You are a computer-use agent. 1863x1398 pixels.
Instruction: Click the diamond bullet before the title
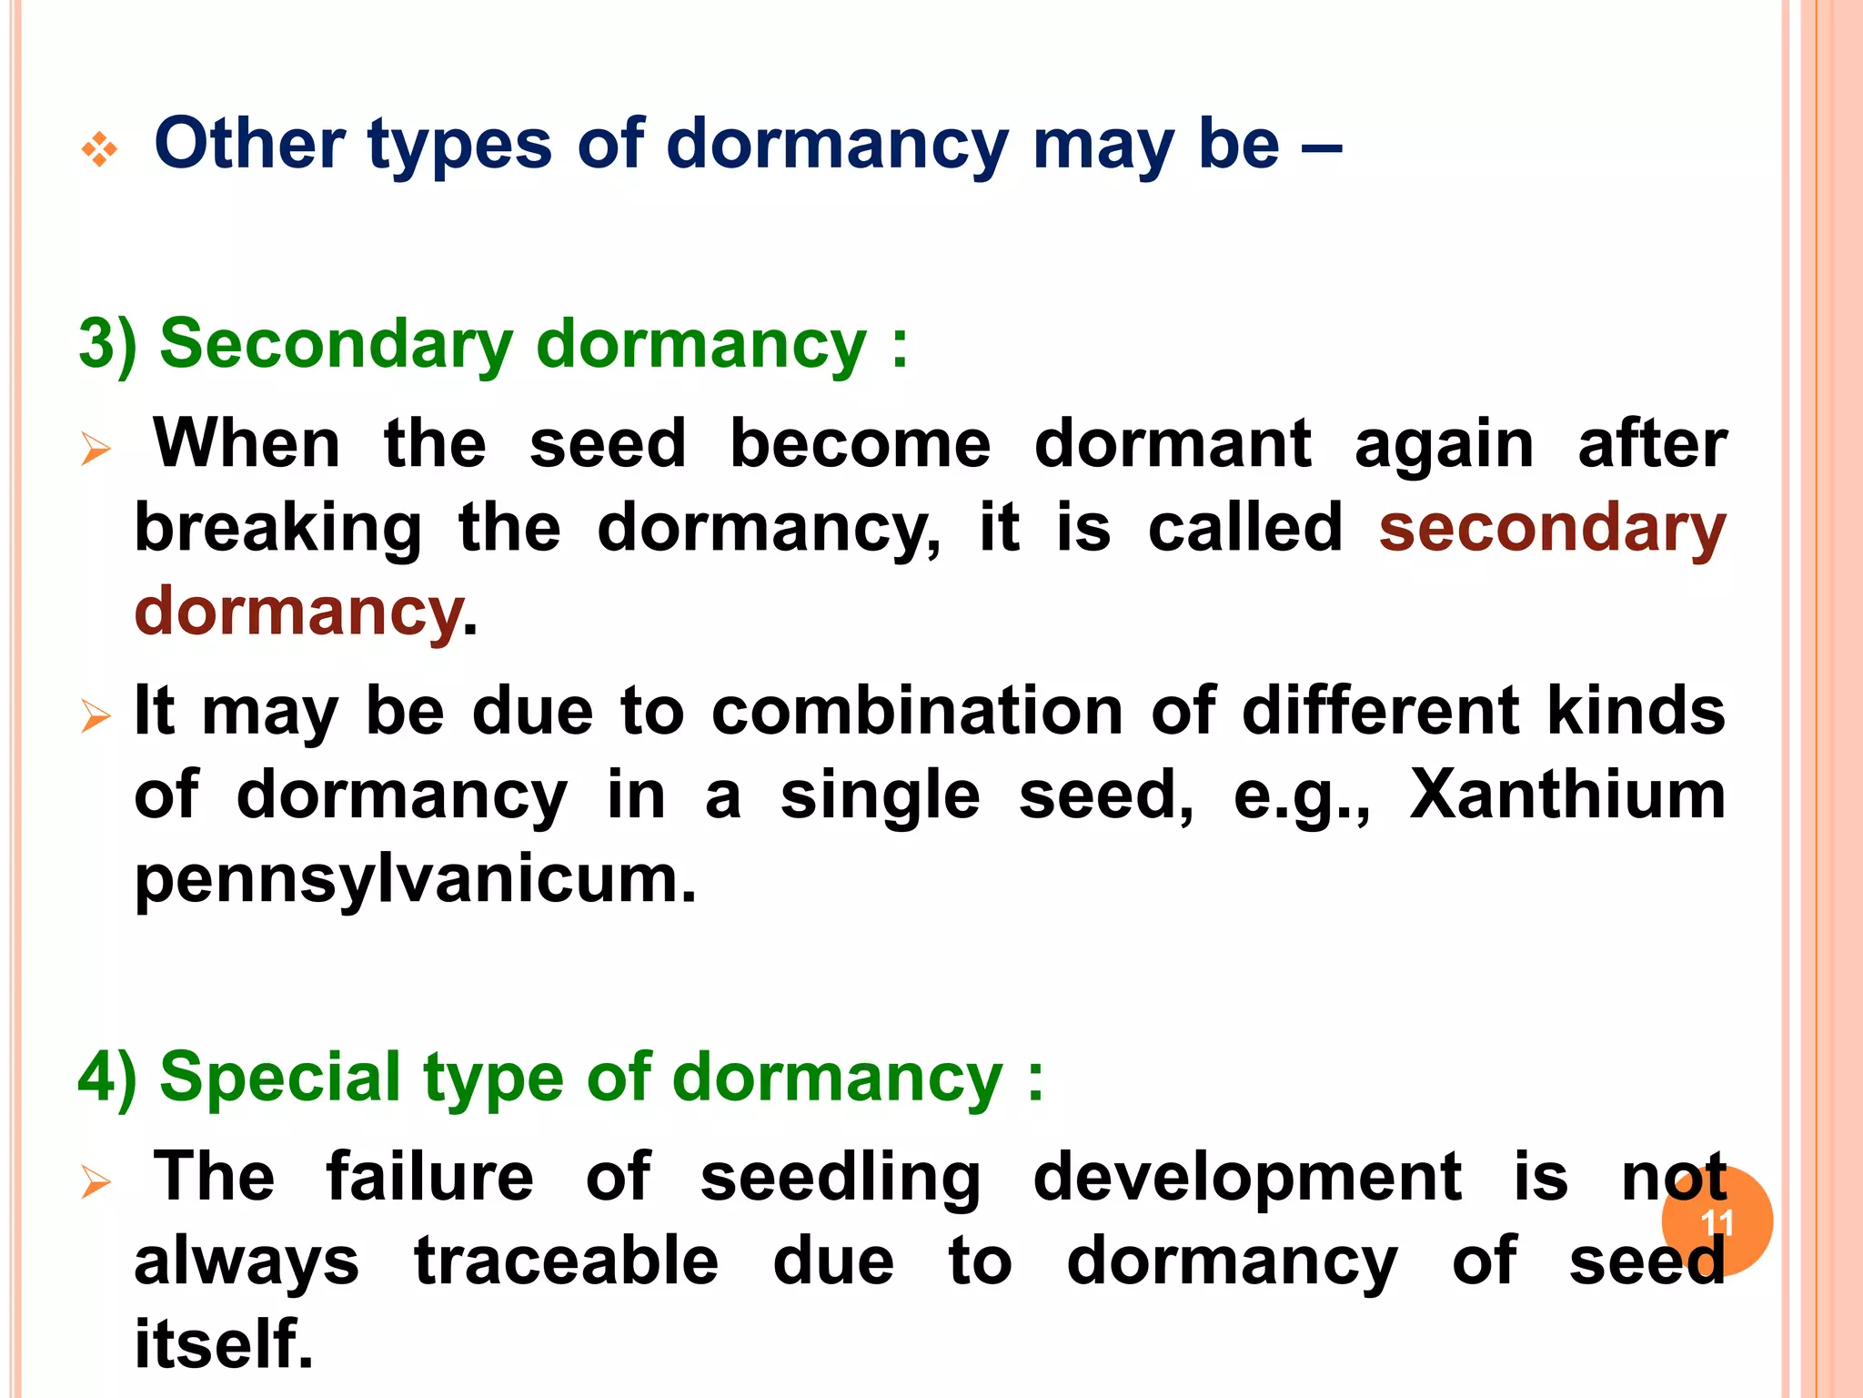[x=99, y=149]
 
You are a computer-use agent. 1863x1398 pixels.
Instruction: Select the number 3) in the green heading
[x=108, y=344]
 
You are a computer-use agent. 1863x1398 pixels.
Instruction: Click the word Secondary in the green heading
[x=336, y=344]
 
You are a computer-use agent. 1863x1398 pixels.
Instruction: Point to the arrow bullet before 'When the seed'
[x=96, y=449]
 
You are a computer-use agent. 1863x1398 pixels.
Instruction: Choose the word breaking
[x=278, y=529]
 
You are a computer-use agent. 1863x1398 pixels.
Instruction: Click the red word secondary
[x=1552, y=529]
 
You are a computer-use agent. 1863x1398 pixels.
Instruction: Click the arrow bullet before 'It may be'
[x=96, y=716]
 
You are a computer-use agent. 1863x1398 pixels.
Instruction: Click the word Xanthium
[x=1566, y=795]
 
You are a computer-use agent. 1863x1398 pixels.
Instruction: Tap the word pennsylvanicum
[x=415, y=881]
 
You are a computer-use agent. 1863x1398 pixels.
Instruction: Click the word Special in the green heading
[x=280, y=1077]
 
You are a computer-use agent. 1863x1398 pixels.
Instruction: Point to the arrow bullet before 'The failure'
[x=96, y=1182]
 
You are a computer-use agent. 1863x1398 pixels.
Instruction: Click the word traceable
[x=567, y=1261]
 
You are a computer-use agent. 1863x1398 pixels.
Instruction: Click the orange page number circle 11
[x=1717, y=1221]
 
